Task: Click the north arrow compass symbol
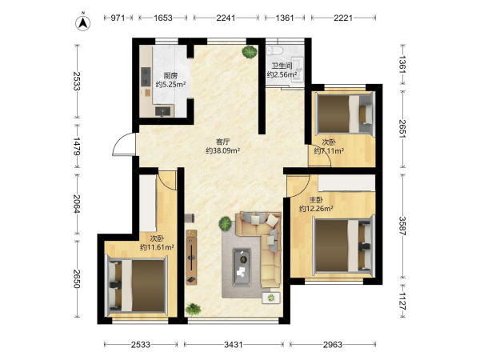click(x=82, y=22)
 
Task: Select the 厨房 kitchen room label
click(x=170, y=76)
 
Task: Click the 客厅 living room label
click(x=222, y=142)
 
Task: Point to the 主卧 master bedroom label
click(x=316, y=200)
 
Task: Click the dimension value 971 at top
click(x=118, y=18)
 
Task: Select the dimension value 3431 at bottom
click(x=234, y=345)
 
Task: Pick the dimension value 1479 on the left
click(x=77, y=146)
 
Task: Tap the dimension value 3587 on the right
click(x=402, y=226)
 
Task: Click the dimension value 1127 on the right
click(x=402, y=302)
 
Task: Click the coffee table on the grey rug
click(x=242, y=267)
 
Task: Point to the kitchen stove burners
click(x=146, y=77)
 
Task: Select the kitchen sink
click(x=162, y=111)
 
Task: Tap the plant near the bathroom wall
click(x=250, y=52)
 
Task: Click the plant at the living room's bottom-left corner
click(x=193, y=309)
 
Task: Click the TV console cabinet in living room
click(x=191, y=257)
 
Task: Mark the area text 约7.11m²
click(x=329, y=150)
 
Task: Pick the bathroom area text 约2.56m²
click(x=282, y=74)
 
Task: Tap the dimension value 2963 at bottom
click(x=333, y=345)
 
